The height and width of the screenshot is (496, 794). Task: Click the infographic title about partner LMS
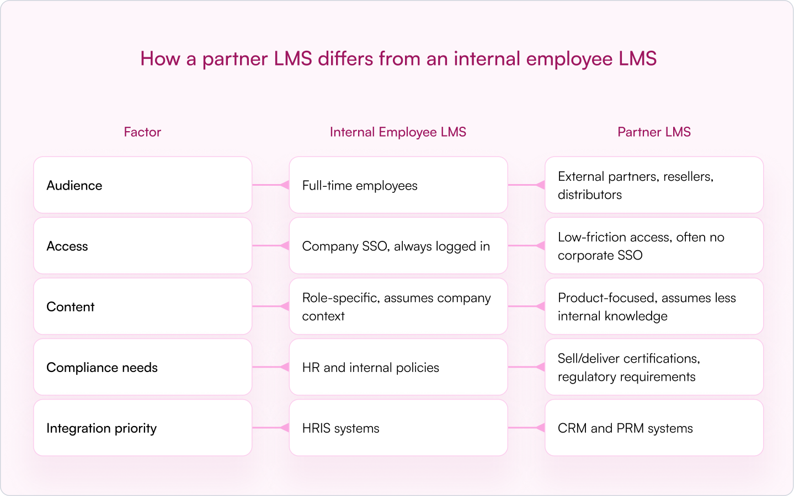(x=398, y=58)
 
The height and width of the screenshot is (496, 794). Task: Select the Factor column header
(x=142, y=132)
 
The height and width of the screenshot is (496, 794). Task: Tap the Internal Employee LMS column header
(x=398, y=132)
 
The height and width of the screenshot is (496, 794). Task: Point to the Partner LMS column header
(x=654, y=132)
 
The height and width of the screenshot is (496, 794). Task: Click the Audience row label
(x=74, y=186)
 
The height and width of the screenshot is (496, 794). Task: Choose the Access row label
(x=67, y=246)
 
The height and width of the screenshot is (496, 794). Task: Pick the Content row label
(x=71, y=306)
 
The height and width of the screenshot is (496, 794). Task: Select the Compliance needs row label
(x=102, y=368)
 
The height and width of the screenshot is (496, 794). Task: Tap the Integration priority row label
(x=102, y=428)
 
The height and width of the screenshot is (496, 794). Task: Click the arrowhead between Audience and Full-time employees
(x=285, y=185)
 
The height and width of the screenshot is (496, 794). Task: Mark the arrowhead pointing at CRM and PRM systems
(x=541, y=428)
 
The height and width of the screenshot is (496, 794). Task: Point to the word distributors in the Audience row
(x=590, y=195)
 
